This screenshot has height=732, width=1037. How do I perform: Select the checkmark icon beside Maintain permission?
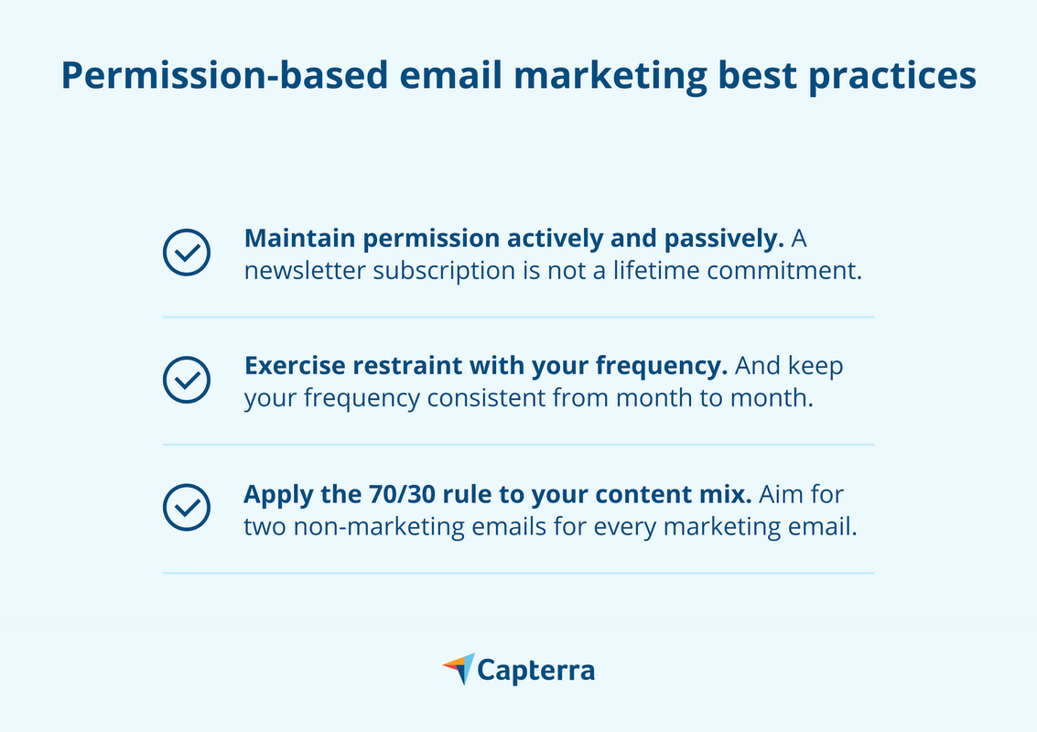[187, 252]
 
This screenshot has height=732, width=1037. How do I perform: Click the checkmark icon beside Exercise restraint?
[187, 380]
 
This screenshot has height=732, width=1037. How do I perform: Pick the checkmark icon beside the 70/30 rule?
[187, 507]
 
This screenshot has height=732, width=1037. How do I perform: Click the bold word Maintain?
[298, 239]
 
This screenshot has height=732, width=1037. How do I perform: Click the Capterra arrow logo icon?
[458, 668]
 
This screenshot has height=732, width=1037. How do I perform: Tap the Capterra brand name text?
[537, 671]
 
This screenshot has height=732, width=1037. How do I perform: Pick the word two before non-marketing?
[264, 527]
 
